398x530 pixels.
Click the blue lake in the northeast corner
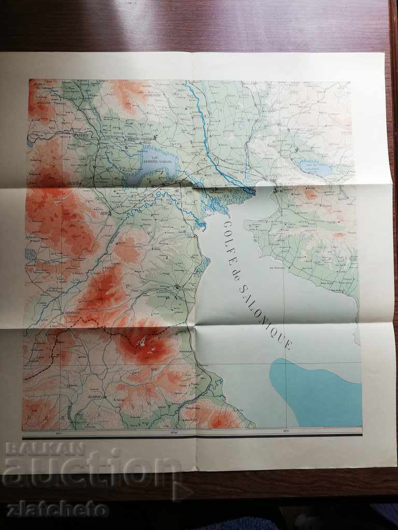click(314, 168)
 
